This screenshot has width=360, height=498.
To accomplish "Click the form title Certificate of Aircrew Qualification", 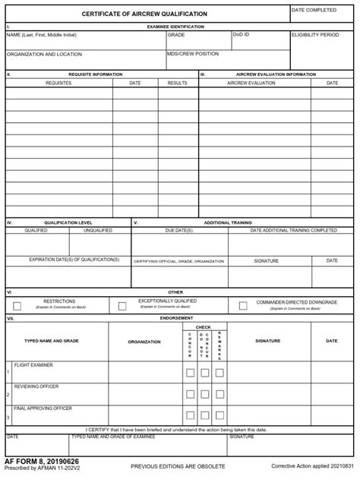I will tap(144, 14).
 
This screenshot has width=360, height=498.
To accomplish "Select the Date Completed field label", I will tap(314, 10).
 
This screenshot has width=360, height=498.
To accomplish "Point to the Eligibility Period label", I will tap(315, 35).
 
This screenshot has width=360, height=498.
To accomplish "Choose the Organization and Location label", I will tap(44, 55).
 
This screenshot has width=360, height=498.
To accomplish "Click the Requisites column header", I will tap(58, 83).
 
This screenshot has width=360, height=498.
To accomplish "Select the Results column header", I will tap(177, 83).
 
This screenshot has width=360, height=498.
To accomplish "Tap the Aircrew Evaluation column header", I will tap(251, 83).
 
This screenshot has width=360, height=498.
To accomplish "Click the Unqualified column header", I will tap(98, 230).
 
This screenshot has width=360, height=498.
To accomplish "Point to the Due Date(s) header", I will tap(178, 230).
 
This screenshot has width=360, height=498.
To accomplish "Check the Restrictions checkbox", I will tap(17, 306).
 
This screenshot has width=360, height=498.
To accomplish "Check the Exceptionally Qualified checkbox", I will tap(122, 306).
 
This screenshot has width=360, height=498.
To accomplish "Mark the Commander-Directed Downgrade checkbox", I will tap(243, 306).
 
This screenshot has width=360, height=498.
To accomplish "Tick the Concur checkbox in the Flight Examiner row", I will tap(191, 373).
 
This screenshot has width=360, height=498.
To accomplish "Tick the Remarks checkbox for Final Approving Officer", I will tap(219, 415).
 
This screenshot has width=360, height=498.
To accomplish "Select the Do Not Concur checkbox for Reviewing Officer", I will tap(205, 394).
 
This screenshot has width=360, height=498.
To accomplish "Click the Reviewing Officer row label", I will tap(36, 386).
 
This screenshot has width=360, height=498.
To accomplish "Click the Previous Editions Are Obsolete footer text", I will tap(178, 465).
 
